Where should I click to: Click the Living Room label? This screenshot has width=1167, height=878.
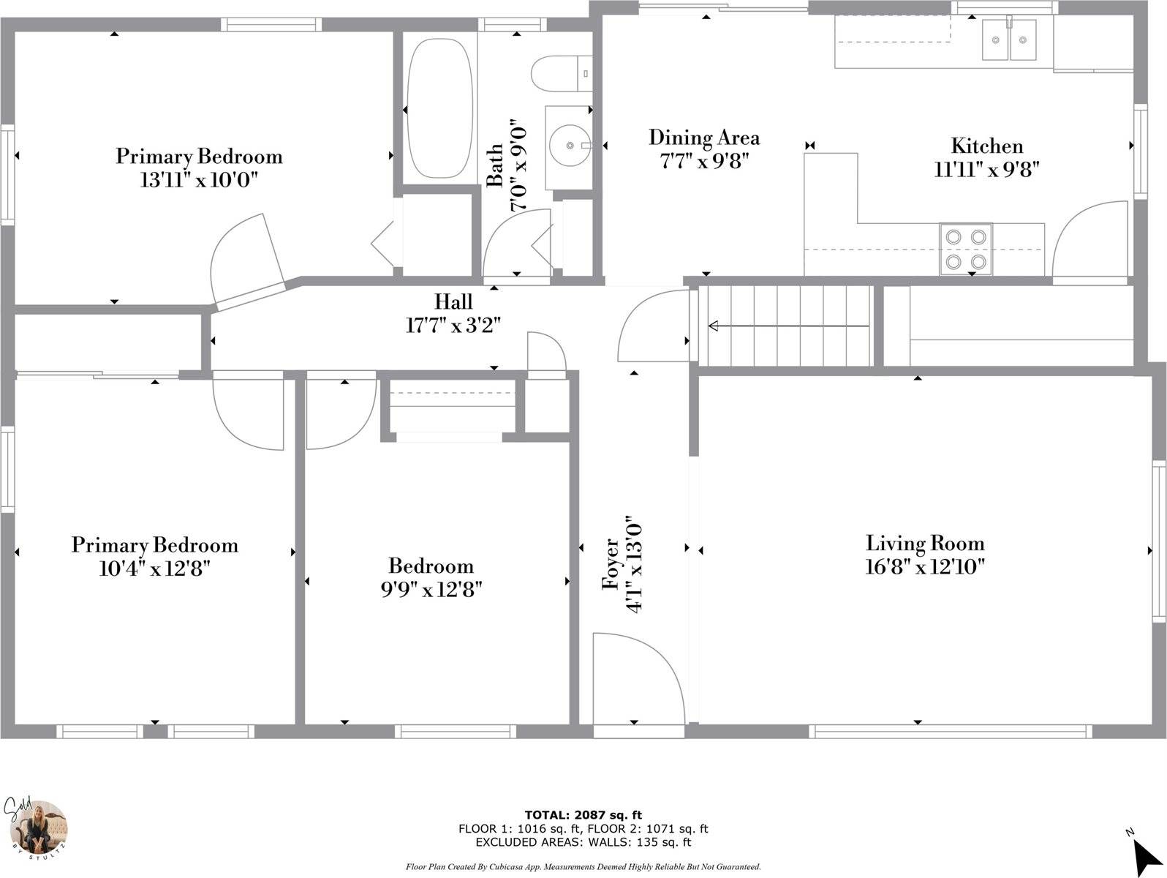[925, 543]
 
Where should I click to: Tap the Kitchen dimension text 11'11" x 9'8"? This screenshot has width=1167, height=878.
[987, 170]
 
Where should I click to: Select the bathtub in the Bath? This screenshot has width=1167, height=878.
[439, 108]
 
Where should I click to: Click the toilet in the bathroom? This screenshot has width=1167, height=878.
[562, 73]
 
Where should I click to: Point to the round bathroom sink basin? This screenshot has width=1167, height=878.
[570, 145]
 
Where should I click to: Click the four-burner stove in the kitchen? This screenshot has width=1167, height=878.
[965, 249]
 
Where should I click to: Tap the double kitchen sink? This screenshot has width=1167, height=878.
[1008, 40]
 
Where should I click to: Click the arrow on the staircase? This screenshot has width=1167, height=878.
[788, 326]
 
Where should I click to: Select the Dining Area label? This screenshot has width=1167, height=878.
[704, 138]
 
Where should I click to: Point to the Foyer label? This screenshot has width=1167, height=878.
[611, 564]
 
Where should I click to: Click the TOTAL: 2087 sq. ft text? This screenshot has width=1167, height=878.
[583, 815]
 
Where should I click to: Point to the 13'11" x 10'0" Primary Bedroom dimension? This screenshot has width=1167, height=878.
[199, 180]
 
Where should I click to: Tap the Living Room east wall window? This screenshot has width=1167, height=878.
[1158, 541]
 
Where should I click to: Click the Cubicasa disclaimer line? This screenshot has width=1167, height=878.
[583, 867]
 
